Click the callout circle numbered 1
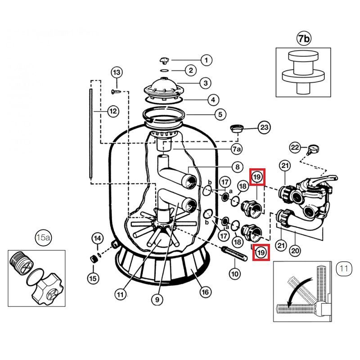pyautogui.click(x=206, y=59)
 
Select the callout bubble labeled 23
pyautogui.click(x=265, y=128)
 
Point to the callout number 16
pyautogui.click(x=205, y=292)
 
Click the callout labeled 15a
pyautogui.click(x=44, y=238)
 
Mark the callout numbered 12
pyautogui.click(x=113, y=111)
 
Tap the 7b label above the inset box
pyautogui.click(x=304, y=39)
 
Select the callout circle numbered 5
pyautogui.click(x=220, y=114)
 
